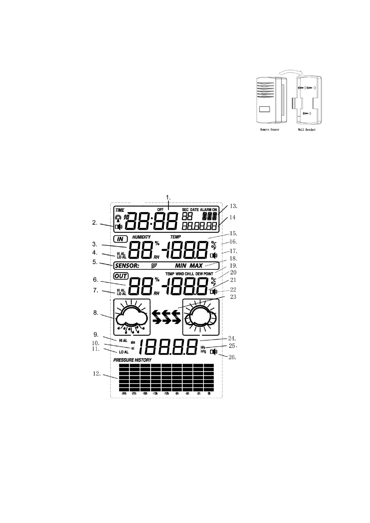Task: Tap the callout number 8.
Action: [97, 313]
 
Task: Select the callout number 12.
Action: [97, 374]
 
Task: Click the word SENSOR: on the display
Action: [127, 266]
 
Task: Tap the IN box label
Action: [120, 239]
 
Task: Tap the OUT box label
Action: [121, 276]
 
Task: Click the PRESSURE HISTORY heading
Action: [132, 360]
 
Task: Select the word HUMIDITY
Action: [141, 237]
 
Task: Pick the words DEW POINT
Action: [204, 274]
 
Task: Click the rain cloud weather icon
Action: [132, 317]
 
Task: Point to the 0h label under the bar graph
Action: [209, 393]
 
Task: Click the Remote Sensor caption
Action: [270, 129]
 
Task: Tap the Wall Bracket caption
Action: [306, 129]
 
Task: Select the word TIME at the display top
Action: [120, 210]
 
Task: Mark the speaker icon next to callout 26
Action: [213, 352]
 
